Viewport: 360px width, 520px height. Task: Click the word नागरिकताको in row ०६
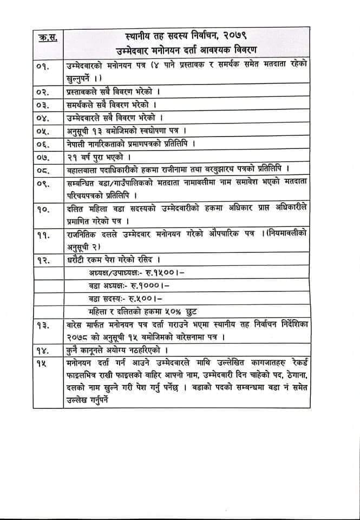pos(113,144)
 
